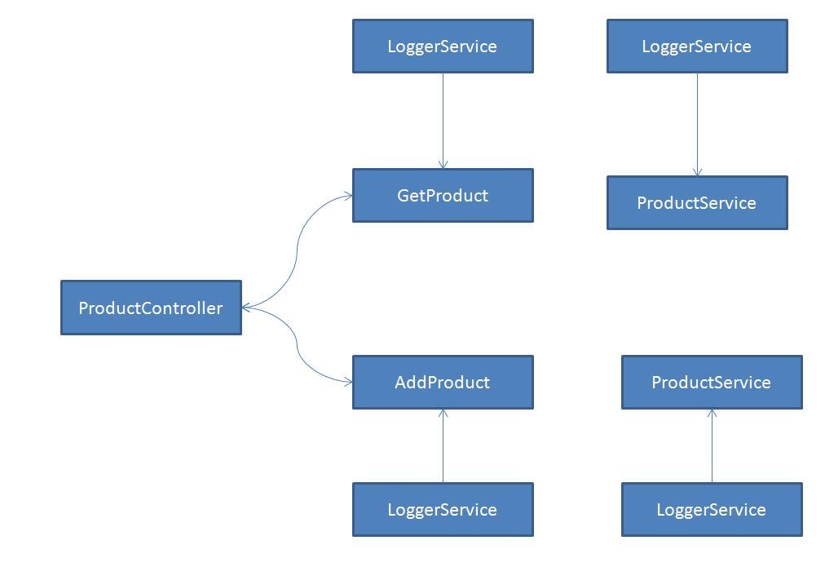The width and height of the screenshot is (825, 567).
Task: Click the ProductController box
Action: pyautogui.click(x=151, y=308)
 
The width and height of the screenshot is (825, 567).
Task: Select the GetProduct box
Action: pyautogui.click(x=443, y=196)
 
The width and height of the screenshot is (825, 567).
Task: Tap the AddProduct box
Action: pyautogui.click(x=443, y=382)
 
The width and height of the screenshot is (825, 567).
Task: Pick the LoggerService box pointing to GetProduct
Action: pyautogui.click(x=443, y=47)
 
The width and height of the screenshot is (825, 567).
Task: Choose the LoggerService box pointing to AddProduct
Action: pyautogui.click(x=443, y=510)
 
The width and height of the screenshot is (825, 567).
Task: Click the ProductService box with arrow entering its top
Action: pyautogui.click(x=697, y=203)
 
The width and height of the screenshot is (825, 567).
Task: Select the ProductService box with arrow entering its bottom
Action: pyautogui.click(x=712, y=382)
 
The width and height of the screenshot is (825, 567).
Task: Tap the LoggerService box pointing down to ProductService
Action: pyautogui.click(x=697, y=47)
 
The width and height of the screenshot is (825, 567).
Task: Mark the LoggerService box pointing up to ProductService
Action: pyautogui.click(x=712, y=510)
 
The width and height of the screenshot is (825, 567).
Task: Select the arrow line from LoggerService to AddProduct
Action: pyautogui.click(x=443, y=449)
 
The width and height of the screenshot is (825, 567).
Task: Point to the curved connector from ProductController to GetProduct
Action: pyautogui.click(x=297, y=245)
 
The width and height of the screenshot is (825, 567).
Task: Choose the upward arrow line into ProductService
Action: pyautogui.click(x=712, y=449)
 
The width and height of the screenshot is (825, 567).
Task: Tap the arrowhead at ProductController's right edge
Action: pyautogui.click(x=247, y=308)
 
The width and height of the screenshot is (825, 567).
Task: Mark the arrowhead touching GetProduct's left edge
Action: pyautogui.click(x=347, y=196)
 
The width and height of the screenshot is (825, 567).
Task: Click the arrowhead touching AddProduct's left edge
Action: pyautogui.click(x=347, y=382)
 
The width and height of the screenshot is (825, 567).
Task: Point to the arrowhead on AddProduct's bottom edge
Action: pyautogui.click(x=443, y=414)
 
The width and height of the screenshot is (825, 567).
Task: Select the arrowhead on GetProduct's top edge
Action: pyautogui.click(x=443, y=164)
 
